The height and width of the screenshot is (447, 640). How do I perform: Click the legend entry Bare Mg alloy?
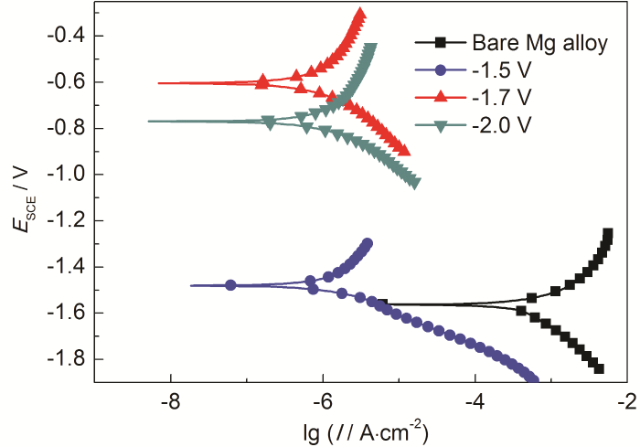pyautogui.click(x=540, y=42)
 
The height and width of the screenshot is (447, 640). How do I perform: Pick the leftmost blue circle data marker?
pyautogui.click(x=230, y=285)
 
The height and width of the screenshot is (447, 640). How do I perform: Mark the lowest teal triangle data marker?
pyautogui.click(x=415, y=183)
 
